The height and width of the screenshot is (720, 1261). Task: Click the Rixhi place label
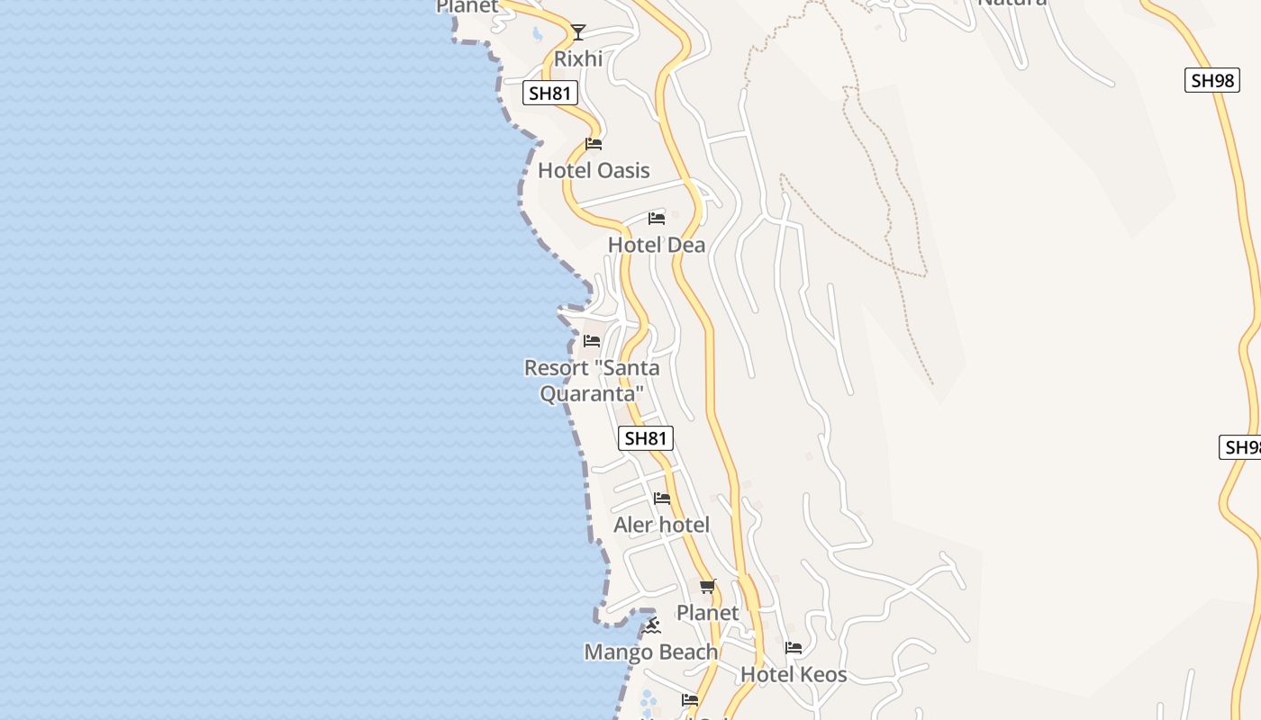pyautogui.click(x=578, y=58)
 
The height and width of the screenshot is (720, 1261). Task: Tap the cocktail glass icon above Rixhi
pyautogui.click(x=578, y=32)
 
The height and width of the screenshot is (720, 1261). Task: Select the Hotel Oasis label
pyautogui.click(x=594, y=170)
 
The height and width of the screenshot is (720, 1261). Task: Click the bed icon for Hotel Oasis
pyautogui.click(x=593, y=143)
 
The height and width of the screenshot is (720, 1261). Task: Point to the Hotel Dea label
pyautogui.click(x=657, y=245)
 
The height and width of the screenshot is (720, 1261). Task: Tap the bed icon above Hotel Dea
pyautogui.click(x=657, y=218)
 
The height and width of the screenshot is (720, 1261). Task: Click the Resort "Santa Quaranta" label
pyautogui.click(x=592, y=381)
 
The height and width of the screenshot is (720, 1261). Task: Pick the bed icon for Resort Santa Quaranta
pyautogui.click(x=592, y=341)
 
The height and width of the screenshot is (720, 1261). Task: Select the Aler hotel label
pyautogui.click(x=662, y=525)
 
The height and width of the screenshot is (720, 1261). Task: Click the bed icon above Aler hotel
pyautogui.click(x=662, y=498)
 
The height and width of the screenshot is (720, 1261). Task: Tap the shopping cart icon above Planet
pyautogui.click(x=708, y=587)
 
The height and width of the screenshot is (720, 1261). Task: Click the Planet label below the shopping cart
pyautogui.click(x=708, y=613)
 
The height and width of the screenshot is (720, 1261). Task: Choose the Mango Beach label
pyautogui.click(x=651, y=652)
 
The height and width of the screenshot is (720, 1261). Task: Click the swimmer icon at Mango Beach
pyautogui.click(x=652, y=625)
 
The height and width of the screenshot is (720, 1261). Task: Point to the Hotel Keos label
pyautogui.click(x=794, y=674)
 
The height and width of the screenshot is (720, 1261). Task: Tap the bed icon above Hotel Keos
pyautogui.click(x=794, y=647)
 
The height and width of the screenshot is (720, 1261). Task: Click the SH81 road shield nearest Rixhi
pyautogui.click(x=550, y=93)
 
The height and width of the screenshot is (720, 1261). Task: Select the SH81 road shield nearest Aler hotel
pyautogui.click(x=646, y=438)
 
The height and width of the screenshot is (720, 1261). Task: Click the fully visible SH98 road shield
pyautogui.click(x=1211, y=80)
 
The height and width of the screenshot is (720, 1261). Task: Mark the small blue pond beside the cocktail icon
pyautogui.click(x=538, y=34)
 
